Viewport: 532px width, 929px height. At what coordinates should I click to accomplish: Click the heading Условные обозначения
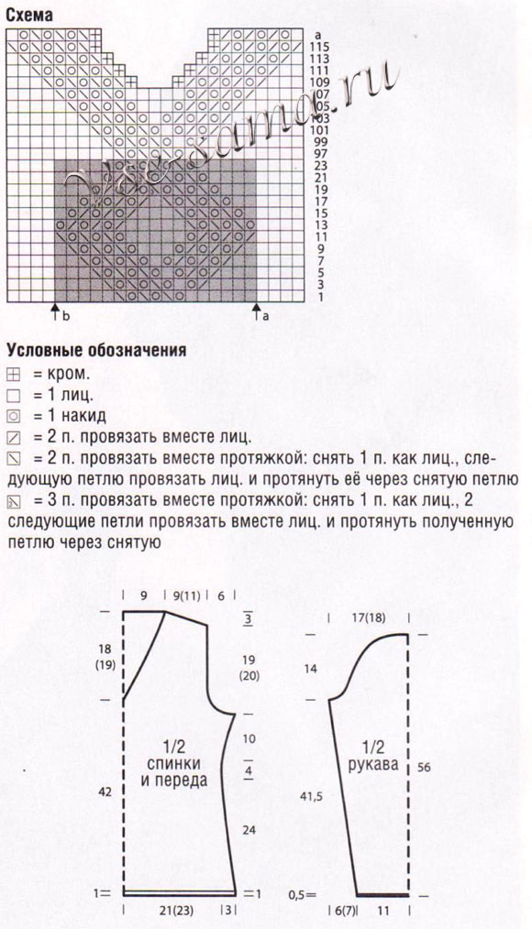tap(96, 349)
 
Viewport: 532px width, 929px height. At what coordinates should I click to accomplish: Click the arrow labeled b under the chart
tap(55, 313)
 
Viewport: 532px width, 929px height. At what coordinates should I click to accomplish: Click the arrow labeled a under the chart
tap(257, 313)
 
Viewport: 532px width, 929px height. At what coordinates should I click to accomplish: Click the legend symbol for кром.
tap(12, 375)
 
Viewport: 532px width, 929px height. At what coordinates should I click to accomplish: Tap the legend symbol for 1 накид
tap(12, 416)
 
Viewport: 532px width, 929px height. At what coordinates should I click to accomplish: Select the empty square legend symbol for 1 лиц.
tap(12, 396)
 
